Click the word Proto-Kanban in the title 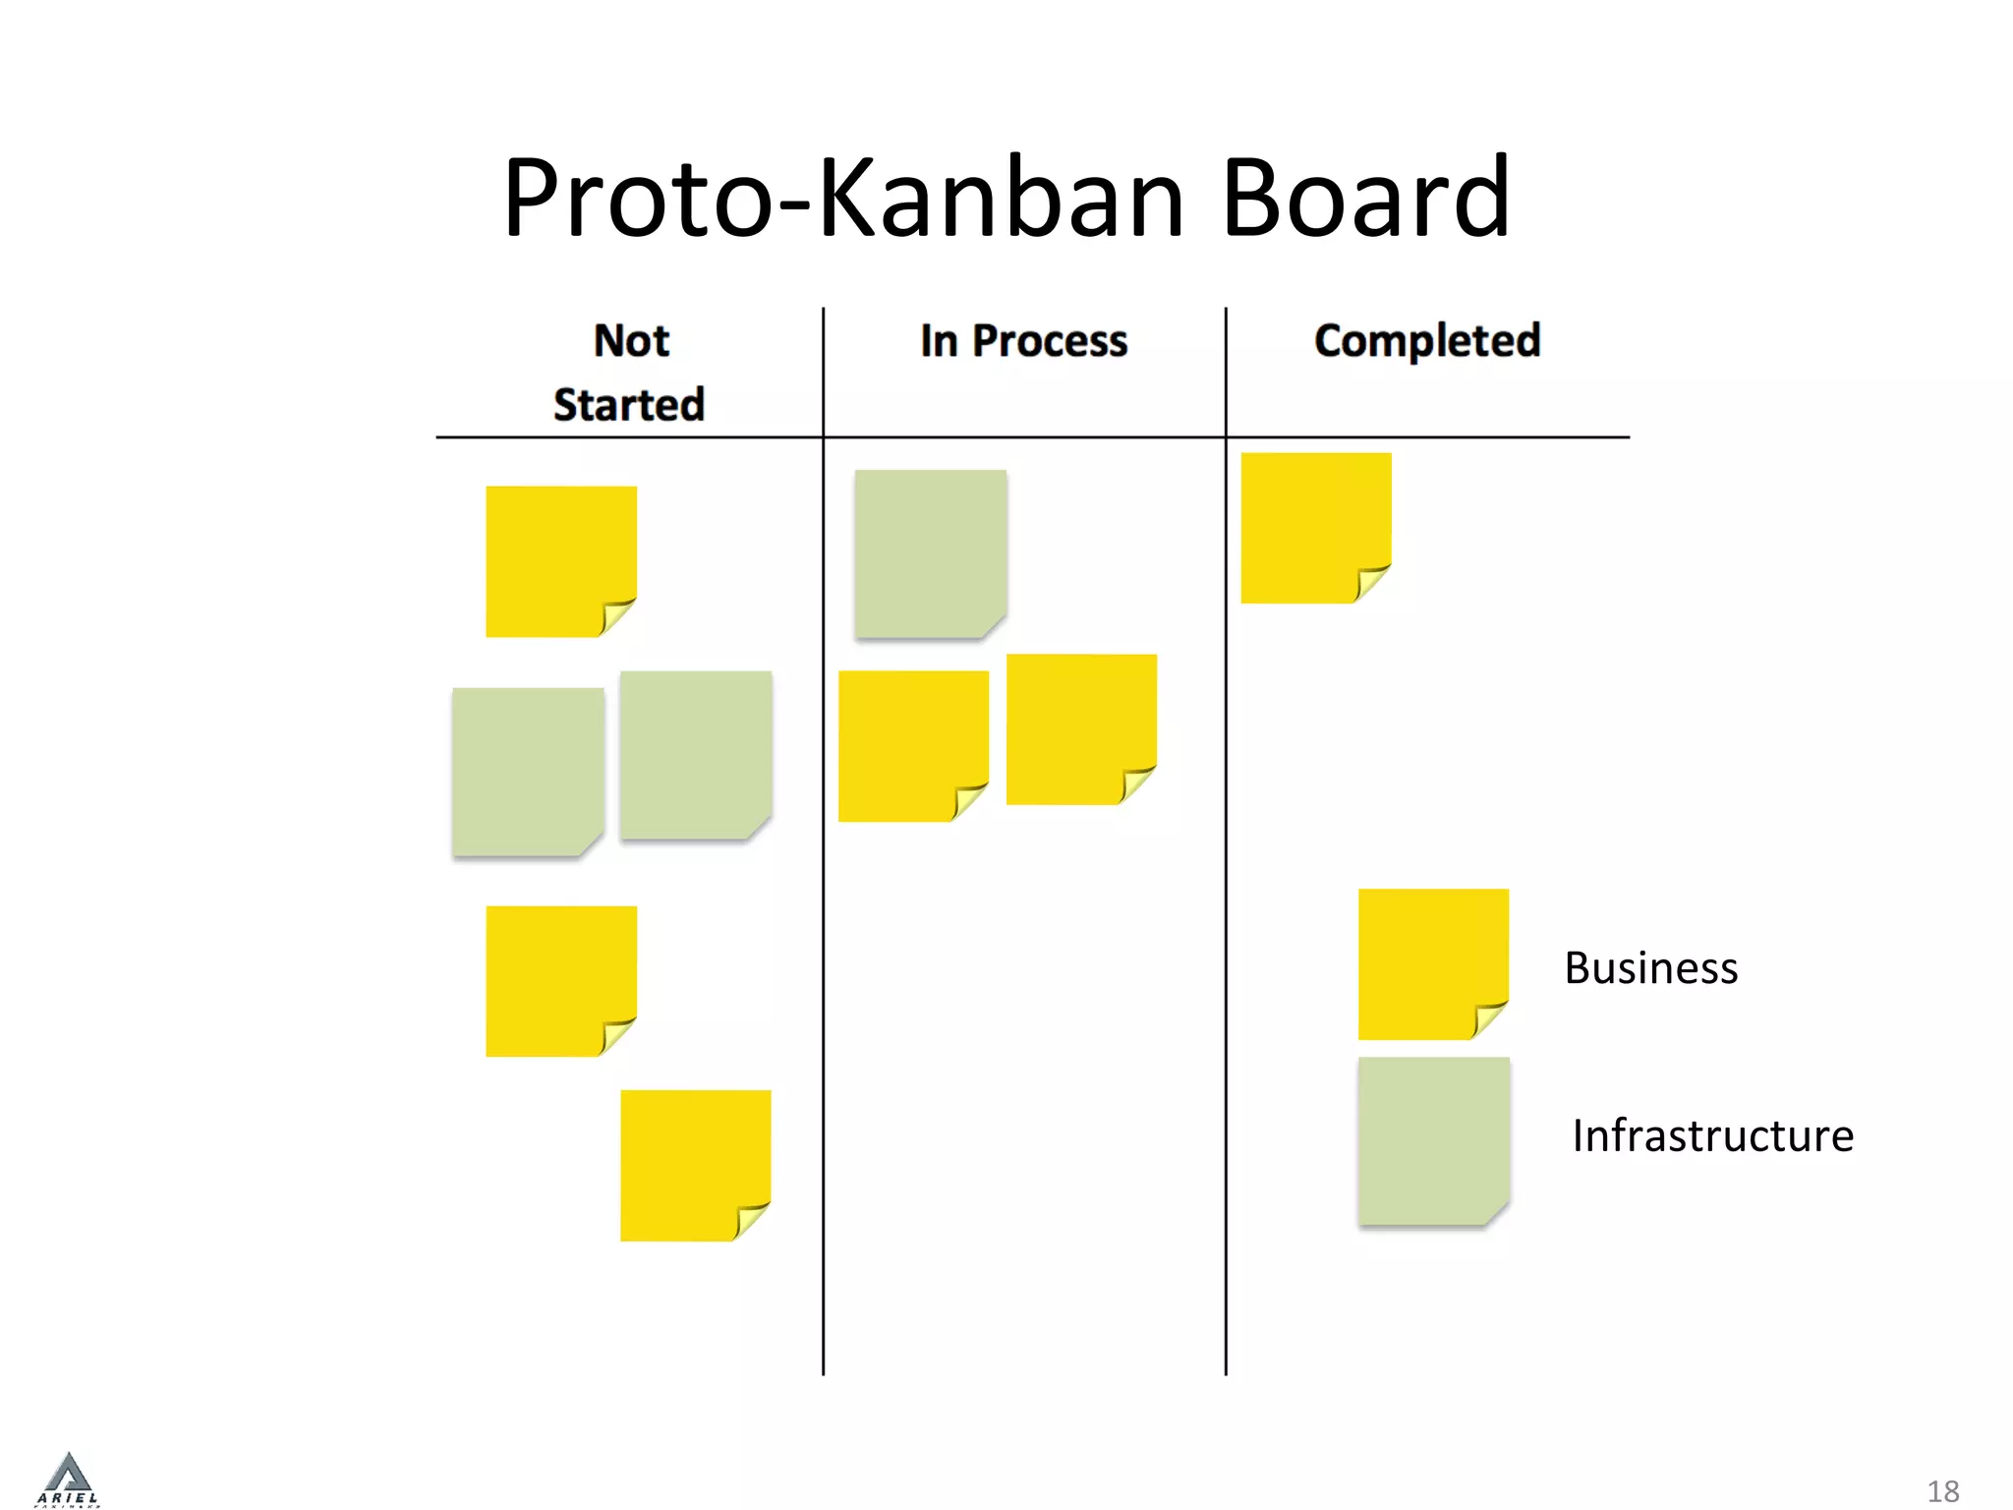[x=843, y=199]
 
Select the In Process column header [x=1023, y=341]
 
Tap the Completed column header [x=1427, y=341]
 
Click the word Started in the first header [x=629, y=405]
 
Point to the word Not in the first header [x=631, y=341]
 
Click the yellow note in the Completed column [x=1315, y=527]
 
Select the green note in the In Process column [x=930, y=553]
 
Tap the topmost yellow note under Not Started [x=560, y=560]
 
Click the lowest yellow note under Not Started [x=695, y=1165]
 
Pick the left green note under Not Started [x=528, y=771]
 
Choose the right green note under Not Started [x=695, y=754]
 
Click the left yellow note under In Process [x=912, y=745]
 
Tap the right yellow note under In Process [x=1080, y=728]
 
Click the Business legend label [x=1650, y=968]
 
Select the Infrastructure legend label [x=1712, y=1136]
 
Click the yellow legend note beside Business [x=1432, y=963]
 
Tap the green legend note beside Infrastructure [x=1432, y=1140]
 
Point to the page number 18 [x=1942, y=1491]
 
